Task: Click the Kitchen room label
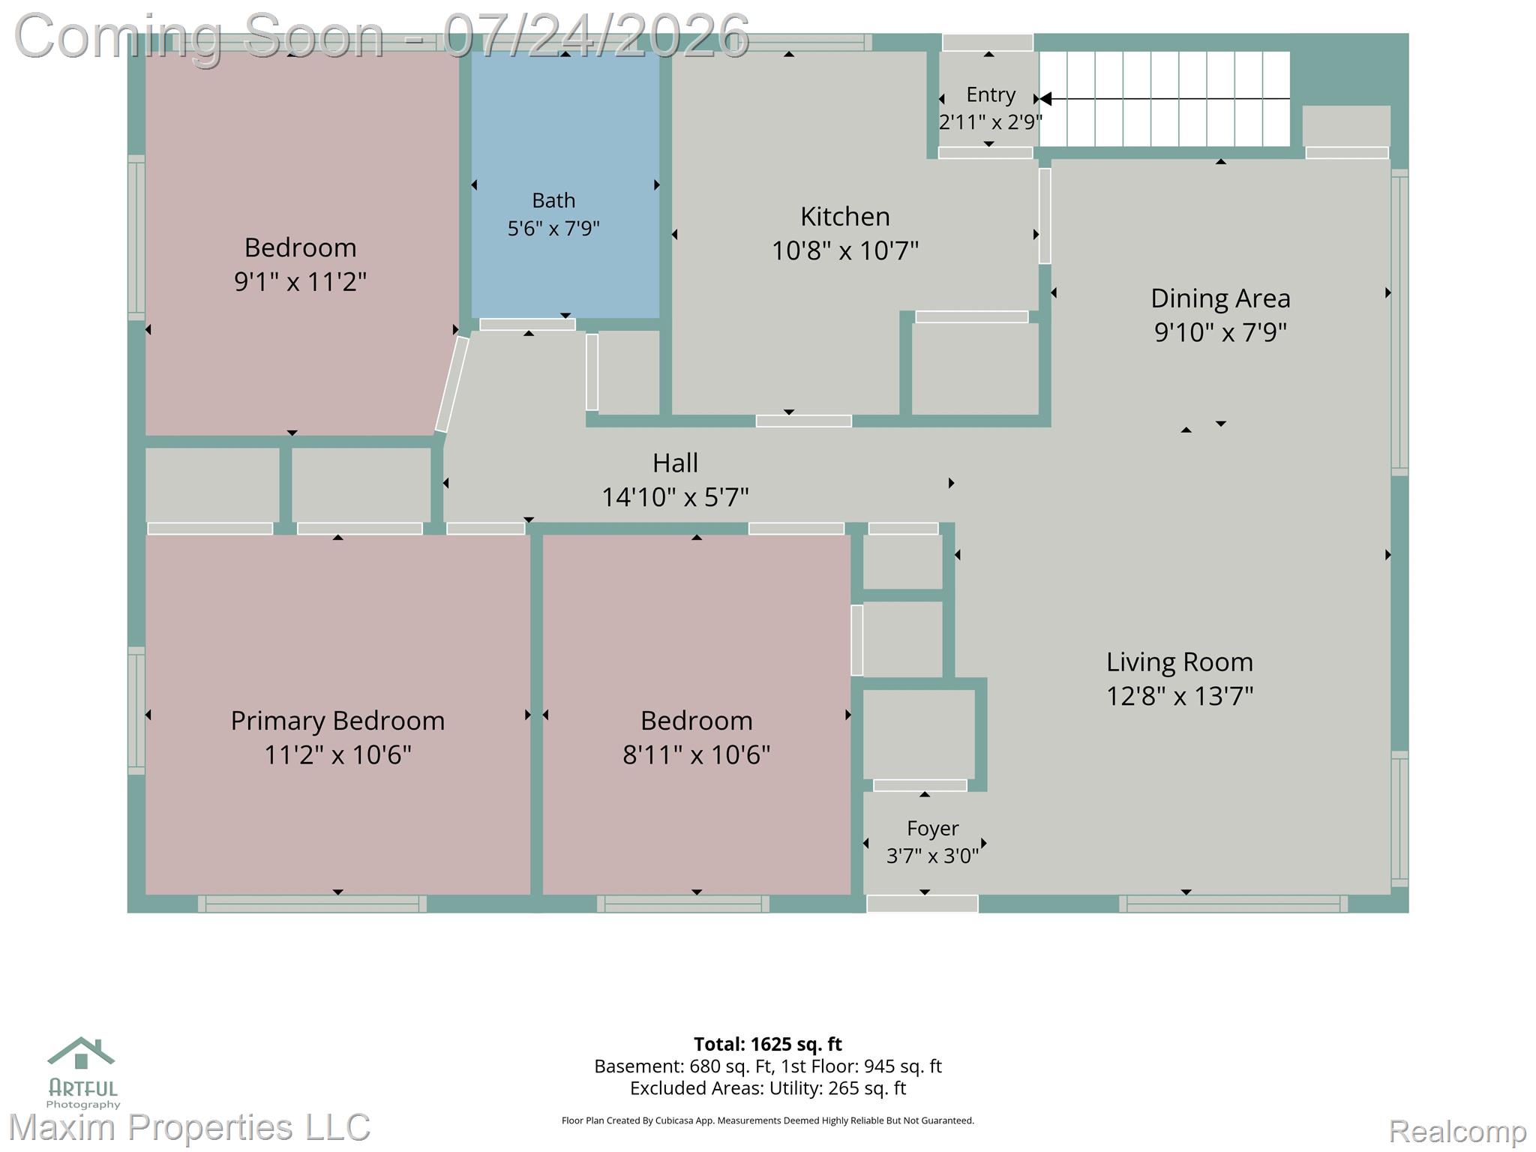(844, 217)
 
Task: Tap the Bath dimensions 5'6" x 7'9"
(553, 228)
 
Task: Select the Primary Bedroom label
(337, 721)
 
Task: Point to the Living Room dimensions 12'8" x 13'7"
(1180, 696)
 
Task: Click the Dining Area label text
(1220, 298)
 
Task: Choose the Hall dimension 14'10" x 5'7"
(675, 496)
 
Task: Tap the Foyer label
(932, 828)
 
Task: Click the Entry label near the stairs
(991, 95)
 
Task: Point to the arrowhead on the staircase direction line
(1045, 99)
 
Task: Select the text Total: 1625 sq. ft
(767, 1044)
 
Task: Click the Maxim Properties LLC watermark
(189, 1127)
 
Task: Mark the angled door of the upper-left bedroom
(452, 384)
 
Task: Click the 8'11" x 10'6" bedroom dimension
(696, 754)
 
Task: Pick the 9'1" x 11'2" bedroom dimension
(300, 282)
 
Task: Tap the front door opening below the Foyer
(922, 904)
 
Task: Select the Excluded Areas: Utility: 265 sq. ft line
(768, 1088)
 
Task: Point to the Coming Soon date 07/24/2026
(596, 35)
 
